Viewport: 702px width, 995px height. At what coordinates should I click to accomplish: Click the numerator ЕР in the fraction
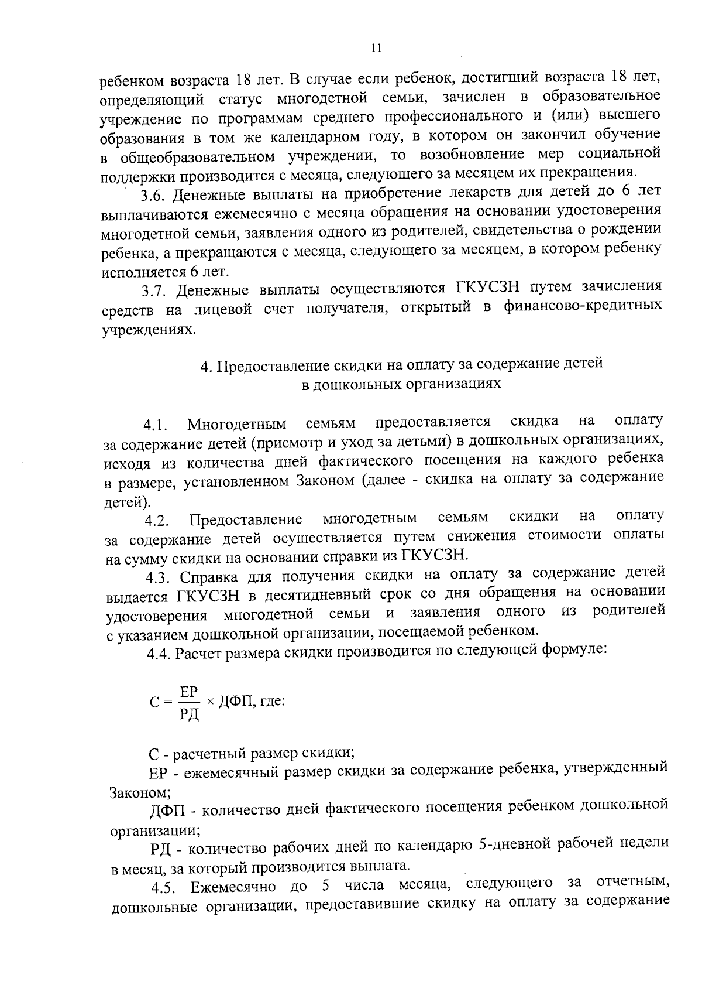point(189,692)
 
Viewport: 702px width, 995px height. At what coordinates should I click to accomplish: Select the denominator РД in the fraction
point(190,714)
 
